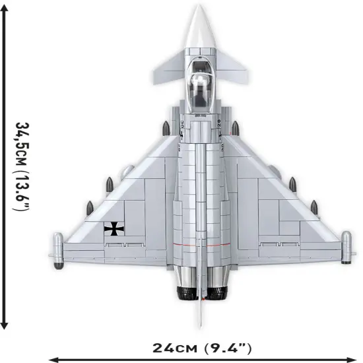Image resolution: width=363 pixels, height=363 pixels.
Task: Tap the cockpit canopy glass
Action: coord(200,86)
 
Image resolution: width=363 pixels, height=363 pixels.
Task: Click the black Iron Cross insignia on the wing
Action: coord(113,229)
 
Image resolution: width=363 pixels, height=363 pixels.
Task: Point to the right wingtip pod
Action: coord(344,247)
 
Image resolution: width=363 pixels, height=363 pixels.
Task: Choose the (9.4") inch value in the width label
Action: coord(226,347)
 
